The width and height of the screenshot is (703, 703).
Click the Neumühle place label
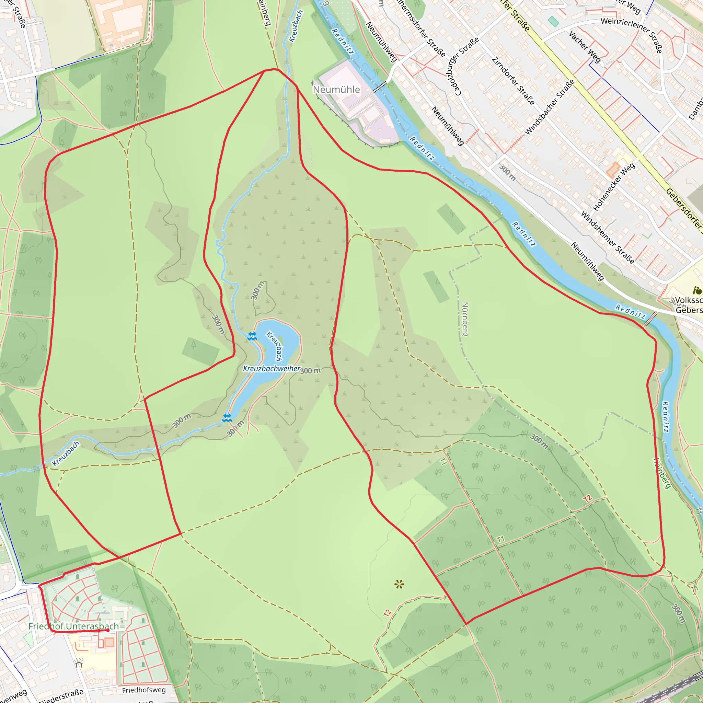[x=336, y=90]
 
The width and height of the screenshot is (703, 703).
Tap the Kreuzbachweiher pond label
[x=272, y=369]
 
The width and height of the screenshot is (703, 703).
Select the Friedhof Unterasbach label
[x=73, y=626]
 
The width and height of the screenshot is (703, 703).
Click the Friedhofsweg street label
[x=144, y=690]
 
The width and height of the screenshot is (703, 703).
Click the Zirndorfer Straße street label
[x=513, y=81]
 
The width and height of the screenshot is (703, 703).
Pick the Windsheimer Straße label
[x=607, y=237]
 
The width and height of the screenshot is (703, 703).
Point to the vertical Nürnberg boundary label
[x=465, y=319]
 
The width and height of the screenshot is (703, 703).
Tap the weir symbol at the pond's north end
[x=252, y=336]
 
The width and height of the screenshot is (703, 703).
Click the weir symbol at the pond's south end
[x=227, y=418]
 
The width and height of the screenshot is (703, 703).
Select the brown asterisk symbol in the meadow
[x=399, y=584]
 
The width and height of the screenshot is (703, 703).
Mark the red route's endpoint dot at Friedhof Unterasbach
[x=108, y=630]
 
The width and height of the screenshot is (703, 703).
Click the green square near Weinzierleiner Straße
[x=553, y=22]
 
